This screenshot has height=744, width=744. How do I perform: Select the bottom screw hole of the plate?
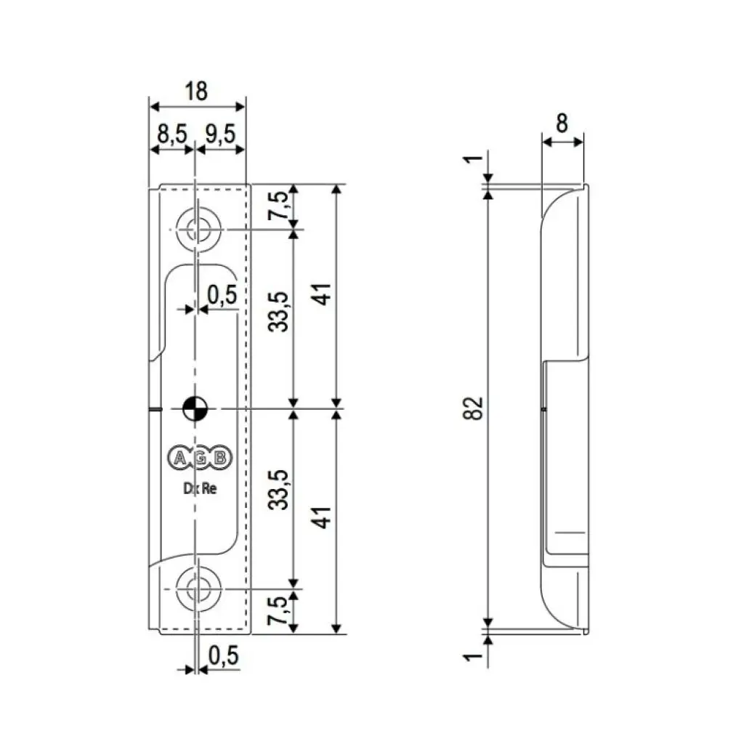click(196, 587)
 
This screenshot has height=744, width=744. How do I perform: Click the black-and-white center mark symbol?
click(195, 408)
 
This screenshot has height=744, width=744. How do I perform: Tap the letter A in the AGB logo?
click(178, 457)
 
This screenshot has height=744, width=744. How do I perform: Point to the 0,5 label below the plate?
click(223, 655)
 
